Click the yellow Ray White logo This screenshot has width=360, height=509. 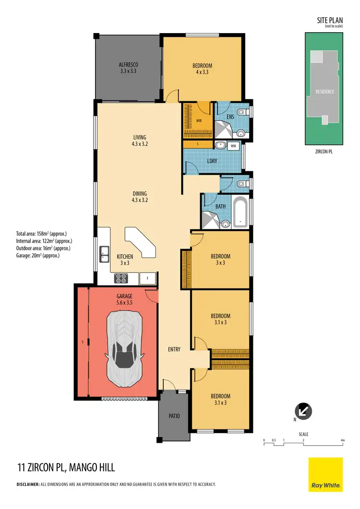coord(325,474)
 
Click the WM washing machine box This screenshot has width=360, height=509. coord(234,145)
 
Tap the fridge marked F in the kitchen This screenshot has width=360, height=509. coord(148,278)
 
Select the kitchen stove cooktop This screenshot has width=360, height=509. coord(120,278)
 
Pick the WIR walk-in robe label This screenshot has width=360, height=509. coord(199,120)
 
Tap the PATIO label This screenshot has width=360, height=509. coord(174,416)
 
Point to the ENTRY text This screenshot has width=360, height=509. coord(174,349)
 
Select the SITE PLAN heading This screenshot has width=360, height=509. coord(330,20)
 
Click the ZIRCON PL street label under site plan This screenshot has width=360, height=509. coord(325,151)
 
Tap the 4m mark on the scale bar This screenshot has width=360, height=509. coord(342,440)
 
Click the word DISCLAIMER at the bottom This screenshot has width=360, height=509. coord(28,485)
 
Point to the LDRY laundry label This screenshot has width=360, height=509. coord(212,161)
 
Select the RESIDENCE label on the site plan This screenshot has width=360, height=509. coord(324,91)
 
